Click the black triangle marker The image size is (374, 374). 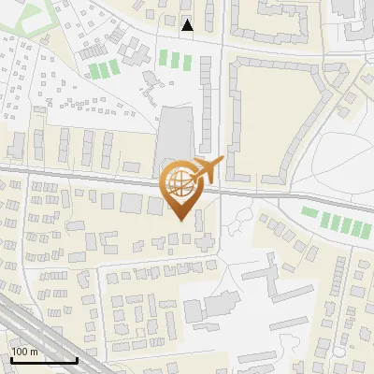(x=188, y=25)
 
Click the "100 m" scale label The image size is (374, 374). (x=24, y=352)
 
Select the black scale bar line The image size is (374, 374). (x=44, y=360)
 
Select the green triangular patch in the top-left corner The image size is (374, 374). (x=28, y=15)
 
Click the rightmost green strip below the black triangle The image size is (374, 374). (x=187, y=60)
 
